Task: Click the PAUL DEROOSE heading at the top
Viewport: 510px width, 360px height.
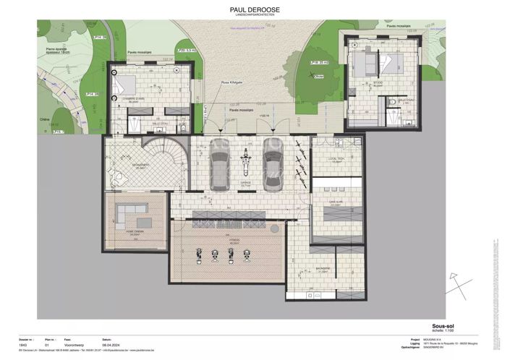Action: click(x=255, y=10)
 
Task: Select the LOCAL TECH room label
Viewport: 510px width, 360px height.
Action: click(x=335, y=160)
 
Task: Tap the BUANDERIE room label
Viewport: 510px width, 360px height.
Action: click(x=323, y=268)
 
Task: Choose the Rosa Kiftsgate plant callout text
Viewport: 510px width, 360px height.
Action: click(x=231, y=83)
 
